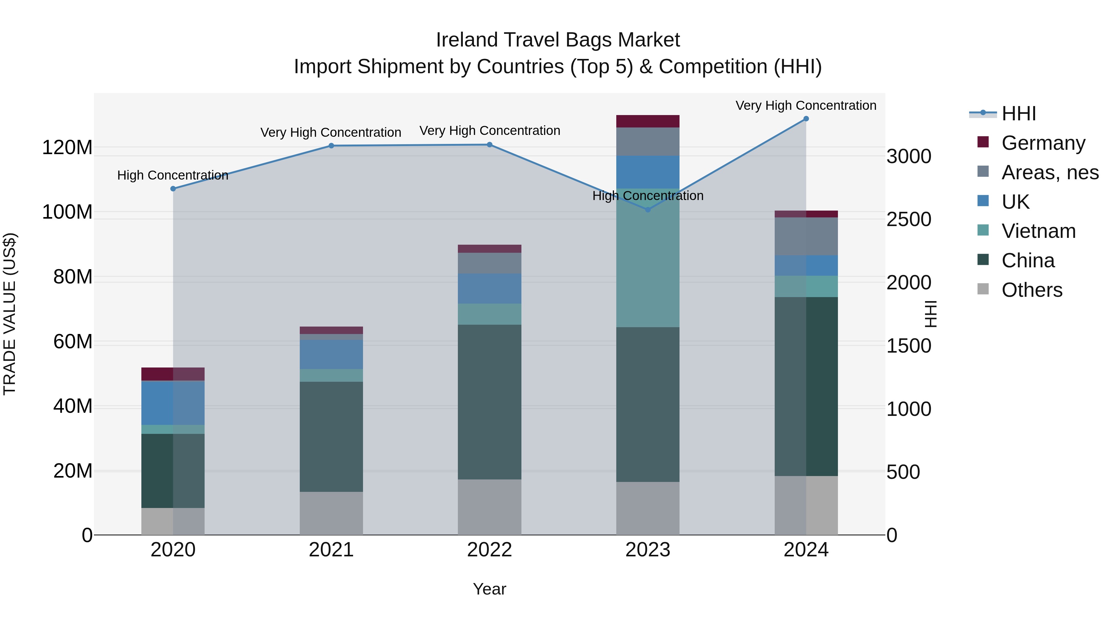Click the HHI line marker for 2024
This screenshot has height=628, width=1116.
806,119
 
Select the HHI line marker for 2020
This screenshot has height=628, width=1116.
173,189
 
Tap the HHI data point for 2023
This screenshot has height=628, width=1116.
648,210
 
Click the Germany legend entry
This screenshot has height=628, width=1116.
1043,143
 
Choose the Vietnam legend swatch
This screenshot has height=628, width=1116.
983,230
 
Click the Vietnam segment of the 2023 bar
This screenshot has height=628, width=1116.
648,260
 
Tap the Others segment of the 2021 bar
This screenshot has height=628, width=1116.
331,513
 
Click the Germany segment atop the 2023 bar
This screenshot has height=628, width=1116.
648,121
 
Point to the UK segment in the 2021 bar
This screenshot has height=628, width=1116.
331,354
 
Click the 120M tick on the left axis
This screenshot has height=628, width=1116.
67,148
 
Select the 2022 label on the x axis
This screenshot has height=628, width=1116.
489,550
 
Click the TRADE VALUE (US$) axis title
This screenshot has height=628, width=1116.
10,314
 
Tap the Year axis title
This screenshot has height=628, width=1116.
489,589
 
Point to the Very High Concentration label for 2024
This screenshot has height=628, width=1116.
806,105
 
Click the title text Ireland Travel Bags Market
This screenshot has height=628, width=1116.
558,40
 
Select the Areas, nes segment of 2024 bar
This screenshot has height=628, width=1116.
806,236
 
